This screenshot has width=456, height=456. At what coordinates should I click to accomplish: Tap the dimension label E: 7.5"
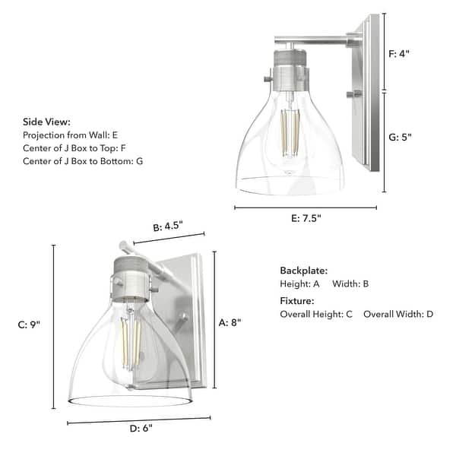tap(306, 218)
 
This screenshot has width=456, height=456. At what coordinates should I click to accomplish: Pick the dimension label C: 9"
tap(29, 325)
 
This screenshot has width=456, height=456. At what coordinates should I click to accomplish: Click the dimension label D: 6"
tap(141, 429)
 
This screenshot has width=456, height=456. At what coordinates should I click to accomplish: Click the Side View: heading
tap(46, 122)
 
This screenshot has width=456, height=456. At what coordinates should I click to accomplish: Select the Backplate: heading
tap(303, 271)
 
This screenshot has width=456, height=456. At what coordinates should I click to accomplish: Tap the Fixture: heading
tap(297, 301)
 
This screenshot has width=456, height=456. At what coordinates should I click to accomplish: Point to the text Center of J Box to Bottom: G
tap(83, 161)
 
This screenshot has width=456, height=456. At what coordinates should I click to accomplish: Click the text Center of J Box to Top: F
tap(74, 148)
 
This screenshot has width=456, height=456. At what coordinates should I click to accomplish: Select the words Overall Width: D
tap(397, 314)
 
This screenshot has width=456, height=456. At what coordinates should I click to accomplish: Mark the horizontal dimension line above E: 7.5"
tap(306, 207)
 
